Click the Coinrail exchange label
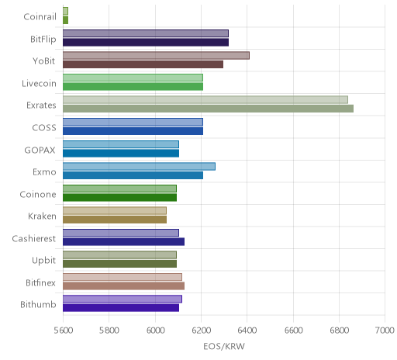click(40, 17)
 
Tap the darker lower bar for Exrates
click(208, 109)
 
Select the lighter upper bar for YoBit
click(156, 55)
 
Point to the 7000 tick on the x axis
click(385, 331)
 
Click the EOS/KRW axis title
click(224, 347)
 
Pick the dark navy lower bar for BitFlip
click(146, 43)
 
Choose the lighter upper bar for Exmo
click(139, 166)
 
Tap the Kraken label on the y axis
click(42, 216)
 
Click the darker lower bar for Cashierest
click(123, 241)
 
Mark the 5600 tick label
click(64, 331)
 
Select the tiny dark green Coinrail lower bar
click(65, 20)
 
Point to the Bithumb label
click(38, 304)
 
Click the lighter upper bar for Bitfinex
click(123, 277)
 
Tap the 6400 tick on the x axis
click(247, 331)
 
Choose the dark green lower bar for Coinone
click(119, 197)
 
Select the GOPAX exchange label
click(40, 150)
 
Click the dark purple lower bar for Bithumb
click(121, 308)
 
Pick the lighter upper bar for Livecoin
click(133, 78)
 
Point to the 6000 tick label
click(155, 331)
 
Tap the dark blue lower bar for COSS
click(133, 131)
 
